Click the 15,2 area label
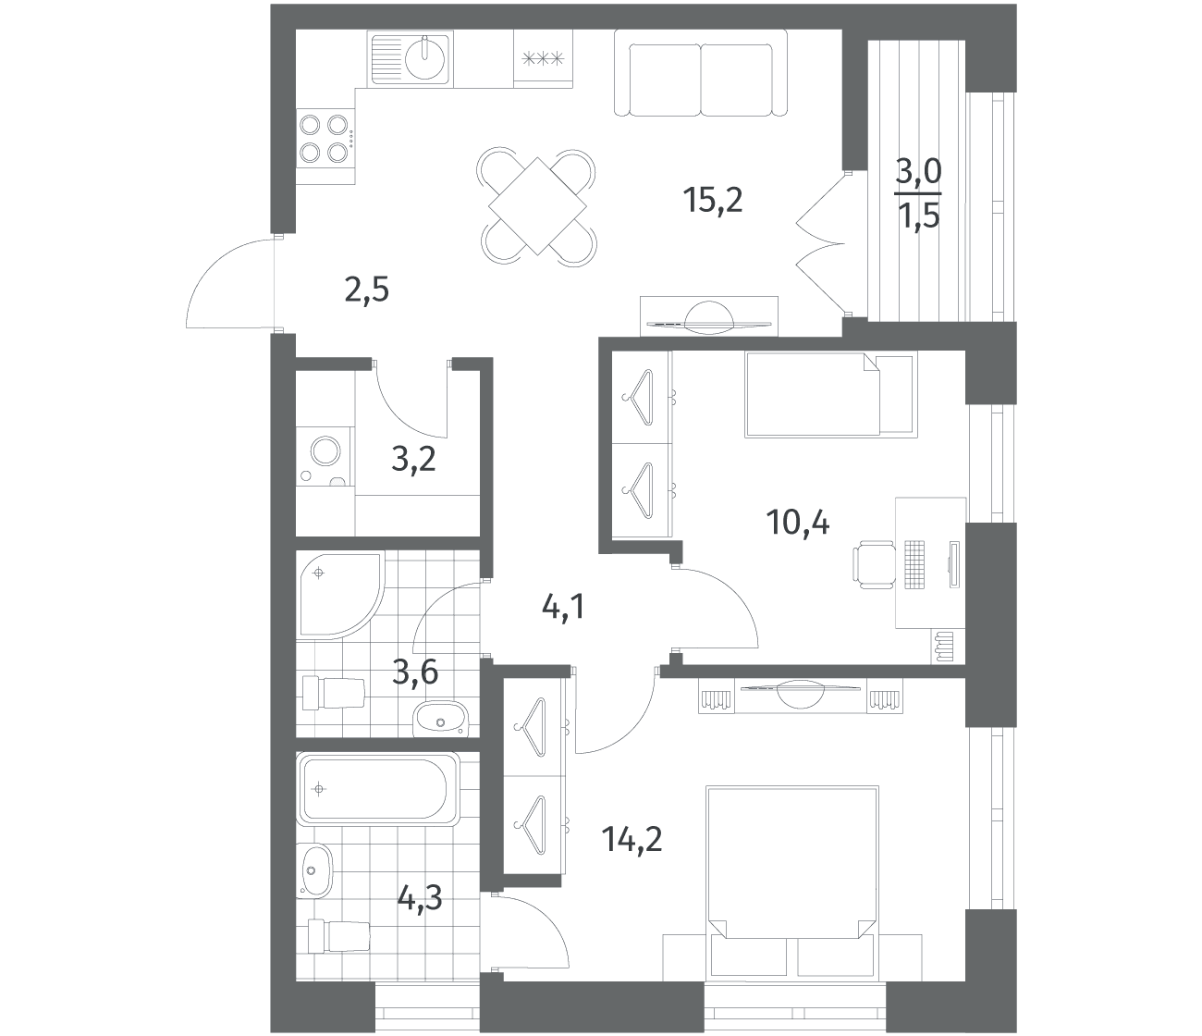click(x=712, y=201)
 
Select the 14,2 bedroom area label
click(x=632, y=840)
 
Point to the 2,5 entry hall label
click(x=366, y=290)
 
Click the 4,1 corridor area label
click(x=563, y=608)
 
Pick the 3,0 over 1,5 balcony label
click(x=917, y=195)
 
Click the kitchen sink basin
click(x=425, y=57)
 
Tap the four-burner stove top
click(x=325, y=139)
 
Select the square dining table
click(x=537, y=206)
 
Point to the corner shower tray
click(x=340, y=596)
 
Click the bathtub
click(x=378, y=789)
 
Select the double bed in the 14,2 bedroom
click(x=792, y=882)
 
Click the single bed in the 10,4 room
click(x=831, y=394)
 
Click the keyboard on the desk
click(x=914, y=564)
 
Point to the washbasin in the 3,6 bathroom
click(x=440, y=721)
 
